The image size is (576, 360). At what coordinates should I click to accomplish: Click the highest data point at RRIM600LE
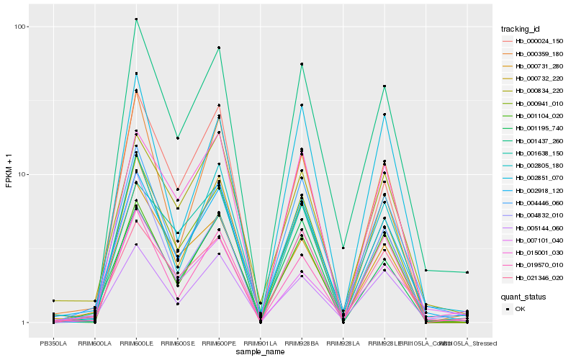click(136, 19)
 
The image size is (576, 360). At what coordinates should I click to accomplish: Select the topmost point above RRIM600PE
click(219, 48)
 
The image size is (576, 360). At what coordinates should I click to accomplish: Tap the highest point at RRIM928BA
click(302, 64)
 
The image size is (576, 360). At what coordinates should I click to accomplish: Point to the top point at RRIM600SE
click(177, 138)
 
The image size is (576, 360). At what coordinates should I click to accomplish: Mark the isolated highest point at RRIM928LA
click(343, 248)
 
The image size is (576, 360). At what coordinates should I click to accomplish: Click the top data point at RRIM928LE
click(384, 86)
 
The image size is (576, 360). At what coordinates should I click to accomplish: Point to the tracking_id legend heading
click(521, 29)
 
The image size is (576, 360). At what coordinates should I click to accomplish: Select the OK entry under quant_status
click(520, 309)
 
